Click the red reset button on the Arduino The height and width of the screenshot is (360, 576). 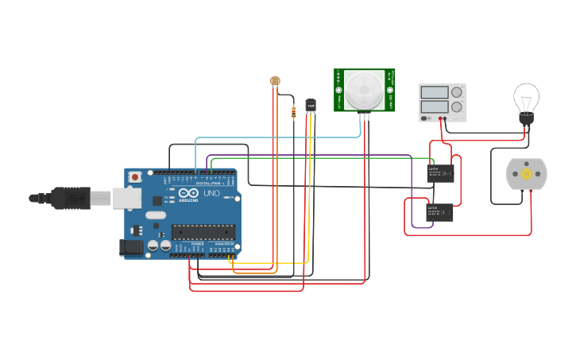coord(135,176)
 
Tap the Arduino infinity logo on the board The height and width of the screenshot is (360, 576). coord(189,193)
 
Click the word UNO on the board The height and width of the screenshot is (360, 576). coord(211,193)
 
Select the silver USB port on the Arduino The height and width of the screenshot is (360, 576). coord(126,198)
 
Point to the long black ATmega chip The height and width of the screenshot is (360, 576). coord(203,232)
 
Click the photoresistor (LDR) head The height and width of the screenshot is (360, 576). coord(276,80)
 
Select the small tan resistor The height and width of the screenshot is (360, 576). coord(295,112)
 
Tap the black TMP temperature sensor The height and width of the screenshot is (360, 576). coord(311,105)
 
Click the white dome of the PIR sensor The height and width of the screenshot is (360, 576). coord(363,89)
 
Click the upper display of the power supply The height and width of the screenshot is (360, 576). coord(435,91)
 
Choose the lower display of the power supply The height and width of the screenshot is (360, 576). coord(435,106)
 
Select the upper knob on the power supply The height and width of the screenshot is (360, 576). coord(457,92)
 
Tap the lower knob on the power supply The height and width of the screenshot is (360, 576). coord(457,106)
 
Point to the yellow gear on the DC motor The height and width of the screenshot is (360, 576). coord(526,174)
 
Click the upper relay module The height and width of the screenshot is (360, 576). coord(440,173)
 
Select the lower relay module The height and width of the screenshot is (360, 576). coord(440,212)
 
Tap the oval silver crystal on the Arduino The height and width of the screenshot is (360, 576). coord(156,215)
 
